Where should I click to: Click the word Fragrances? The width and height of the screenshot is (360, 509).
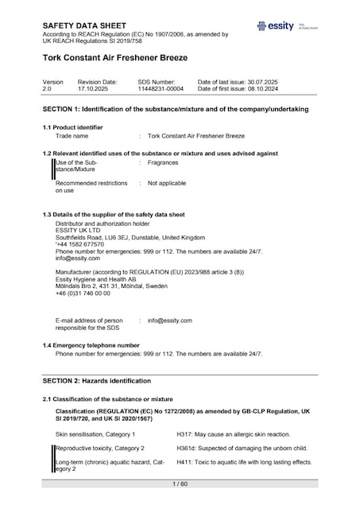(x=163, y=162)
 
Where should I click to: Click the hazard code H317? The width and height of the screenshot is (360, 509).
(x=184, y=434)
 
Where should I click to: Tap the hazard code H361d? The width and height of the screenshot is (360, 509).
(x=186, y=449)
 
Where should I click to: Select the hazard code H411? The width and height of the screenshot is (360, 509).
(x=184, y=462)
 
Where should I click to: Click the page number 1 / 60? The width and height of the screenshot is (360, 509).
(x=180, y=484)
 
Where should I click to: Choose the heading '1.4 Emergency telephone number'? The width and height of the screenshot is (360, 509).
(x=91, y=345)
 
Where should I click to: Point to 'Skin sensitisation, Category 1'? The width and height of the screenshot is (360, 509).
(x=95, y=434)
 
